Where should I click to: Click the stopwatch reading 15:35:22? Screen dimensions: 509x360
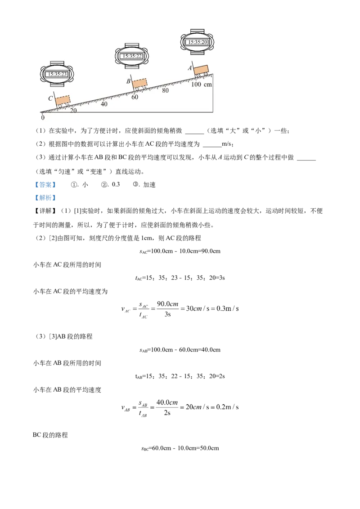tap(131, 56)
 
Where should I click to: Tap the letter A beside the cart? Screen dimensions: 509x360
tap(190, 68)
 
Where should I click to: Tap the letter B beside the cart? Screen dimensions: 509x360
tap(128, 81)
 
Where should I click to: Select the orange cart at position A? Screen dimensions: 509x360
tap(201, 70)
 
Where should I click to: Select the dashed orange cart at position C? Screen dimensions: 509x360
tap(63, 99)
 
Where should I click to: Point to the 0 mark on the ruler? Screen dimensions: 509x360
tap(43, 117)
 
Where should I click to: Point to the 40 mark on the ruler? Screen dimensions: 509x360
tap(104, 104)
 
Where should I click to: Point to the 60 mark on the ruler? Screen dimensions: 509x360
tap(135, 97)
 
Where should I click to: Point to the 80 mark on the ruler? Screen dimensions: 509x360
tap(165, 90)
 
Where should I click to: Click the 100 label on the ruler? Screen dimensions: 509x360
tap(196, 85)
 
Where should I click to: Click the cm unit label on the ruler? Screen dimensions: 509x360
tap(207, 85)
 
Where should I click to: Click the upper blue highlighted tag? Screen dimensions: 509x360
tap(45, 185)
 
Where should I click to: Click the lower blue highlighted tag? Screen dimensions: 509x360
tap(45, 197)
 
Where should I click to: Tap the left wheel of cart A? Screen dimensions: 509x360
tap(198, 76)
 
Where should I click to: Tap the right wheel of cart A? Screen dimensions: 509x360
tap(206, 74)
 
